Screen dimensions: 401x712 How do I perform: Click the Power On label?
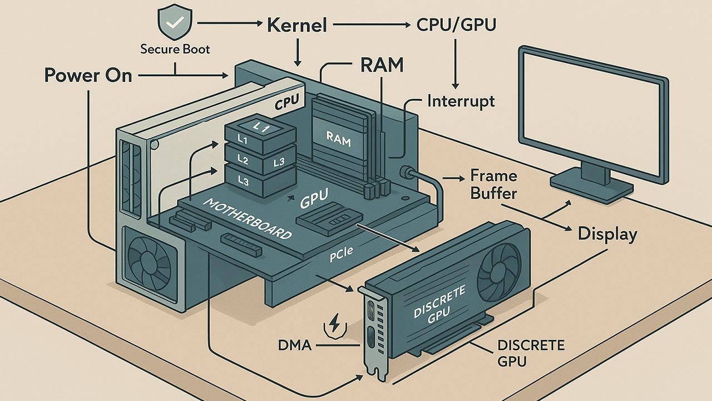(88, 75)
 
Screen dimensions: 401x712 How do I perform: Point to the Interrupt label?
(461, 101)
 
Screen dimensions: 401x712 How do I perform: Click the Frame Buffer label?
(493, 185)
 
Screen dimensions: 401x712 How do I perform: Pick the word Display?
(607, 233)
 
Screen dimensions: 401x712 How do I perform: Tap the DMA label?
(295, 346)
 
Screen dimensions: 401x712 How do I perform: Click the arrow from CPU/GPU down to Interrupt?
(455, 61)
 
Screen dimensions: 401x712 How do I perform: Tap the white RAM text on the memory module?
(338, 140)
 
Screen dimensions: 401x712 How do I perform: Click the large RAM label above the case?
(382, 66)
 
